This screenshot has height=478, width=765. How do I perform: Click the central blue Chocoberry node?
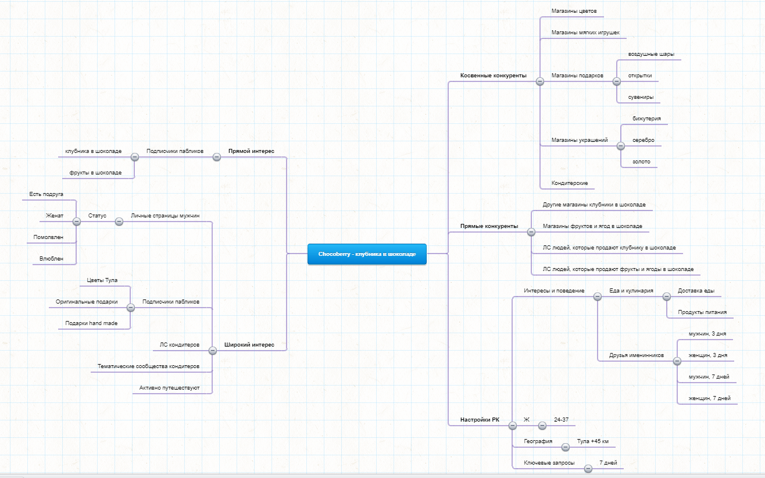367,254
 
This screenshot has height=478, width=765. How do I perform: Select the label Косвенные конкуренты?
493,76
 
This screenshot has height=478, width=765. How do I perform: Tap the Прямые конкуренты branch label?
489,226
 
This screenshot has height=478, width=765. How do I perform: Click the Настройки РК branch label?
480,419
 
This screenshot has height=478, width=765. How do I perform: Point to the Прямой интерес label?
251,151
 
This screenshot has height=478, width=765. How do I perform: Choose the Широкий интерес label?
249,344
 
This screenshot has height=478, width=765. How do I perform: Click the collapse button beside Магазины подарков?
617,81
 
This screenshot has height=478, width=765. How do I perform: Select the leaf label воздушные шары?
651,54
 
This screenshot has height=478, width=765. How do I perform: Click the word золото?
641,161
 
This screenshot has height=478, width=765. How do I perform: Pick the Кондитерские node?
570,183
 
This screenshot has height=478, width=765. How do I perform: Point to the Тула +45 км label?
593,441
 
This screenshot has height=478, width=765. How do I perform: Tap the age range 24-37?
562,419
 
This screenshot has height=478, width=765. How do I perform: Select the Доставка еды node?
696,290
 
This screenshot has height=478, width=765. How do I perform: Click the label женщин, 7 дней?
709,398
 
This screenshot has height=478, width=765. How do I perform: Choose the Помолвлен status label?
48,237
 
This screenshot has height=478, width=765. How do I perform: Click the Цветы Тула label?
102,280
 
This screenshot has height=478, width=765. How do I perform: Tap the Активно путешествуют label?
169,387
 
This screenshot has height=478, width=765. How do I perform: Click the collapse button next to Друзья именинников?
677,361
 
